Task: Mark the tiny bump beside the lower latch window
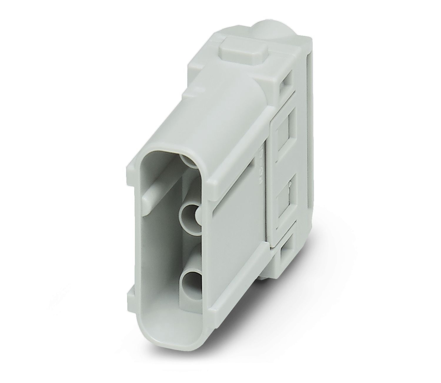point(290,184)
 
